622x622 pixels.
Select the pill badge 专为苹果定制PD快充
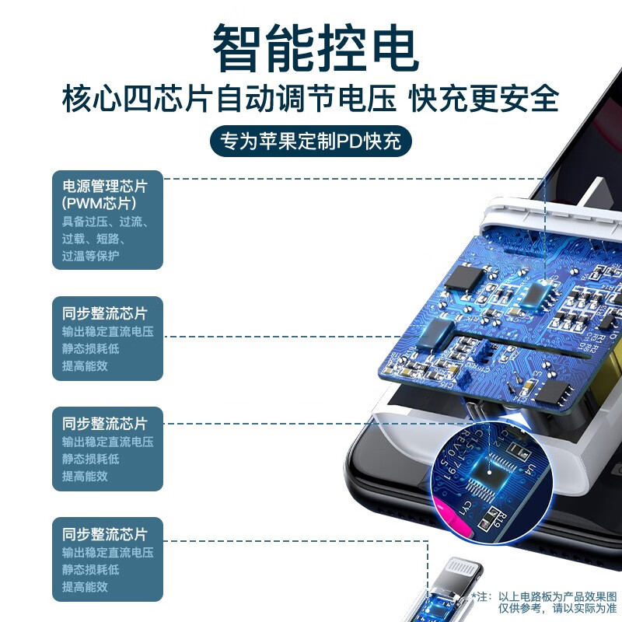(312, 142)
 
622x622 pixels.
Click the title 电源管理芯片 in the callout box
(104, 187)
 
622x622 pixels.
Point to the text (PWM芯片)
(100, 204)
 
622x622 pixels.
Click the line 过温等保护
(91, 256)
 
